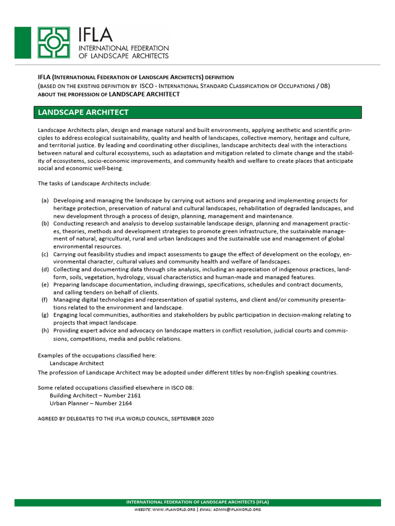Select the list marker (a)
45,200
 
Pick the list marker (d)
45,269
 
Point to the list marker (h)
45,331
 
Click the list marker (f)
45,299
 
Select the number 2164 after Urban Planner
125,403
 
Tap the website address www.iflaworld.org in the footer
174,510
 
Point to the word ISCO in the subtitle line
147,86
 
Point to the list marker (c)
45,254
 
